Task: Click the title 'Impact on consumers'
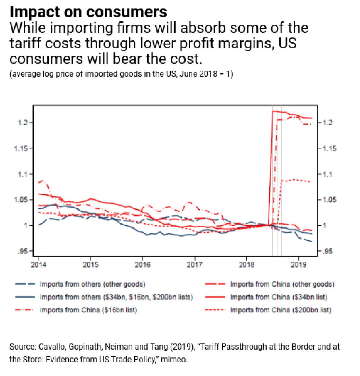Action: point(88,12)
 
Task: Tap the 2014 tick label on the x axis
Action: point(38,264)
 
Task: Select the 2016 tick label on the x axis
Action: point(142,264)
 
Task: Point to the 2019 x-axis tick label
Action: point(299,264)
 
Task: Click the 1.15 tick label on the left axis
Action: point(21,148)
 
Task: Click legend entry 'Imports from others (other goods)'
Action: point(92,284)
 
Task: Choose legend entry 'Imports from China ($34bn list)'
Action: point(279,297)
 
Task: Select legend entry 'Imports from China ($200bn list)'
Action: point(281,310)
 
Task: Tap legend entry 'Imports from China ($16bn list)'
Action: point(88,310)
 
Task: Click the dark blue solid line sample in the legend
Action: point(25,297)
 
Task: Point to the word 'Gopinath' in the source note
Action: point(86,347)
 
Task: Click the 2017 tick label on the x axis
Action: point(194,264)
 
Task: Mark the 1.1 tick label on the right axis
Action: point(327,174)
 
